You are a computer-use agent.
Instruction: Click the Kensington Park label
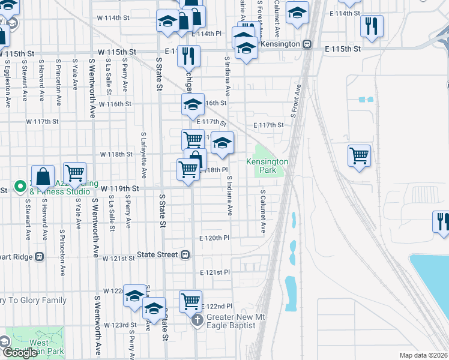point(267,166)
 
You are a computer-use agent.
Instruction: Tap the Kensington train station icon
point(307,44)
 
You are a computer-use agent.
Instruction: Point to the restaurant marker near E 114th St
point(371,26)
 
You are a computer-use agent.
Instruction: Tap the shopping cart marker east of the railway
point(359,156)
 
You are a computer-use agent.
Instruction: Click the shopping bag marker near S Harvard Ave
point(43,177)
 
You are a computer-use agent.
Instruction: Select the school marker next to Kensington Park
point(222,143)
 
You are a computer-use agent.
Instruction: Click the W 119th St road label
point(119,188)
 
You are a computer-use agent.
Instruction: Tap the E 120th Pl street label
point(214,238)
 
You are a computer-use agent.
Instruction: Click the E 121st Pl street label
point(215,272)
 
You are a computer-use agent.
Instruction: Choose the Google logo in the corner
point(19,353)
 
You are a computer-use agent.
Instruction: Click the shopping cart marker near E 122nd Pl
point(191,300)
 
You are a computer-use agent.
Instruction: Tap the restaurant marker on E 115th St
point(189,56)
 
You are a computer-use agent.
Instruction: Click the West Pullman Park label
point(39,347)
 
